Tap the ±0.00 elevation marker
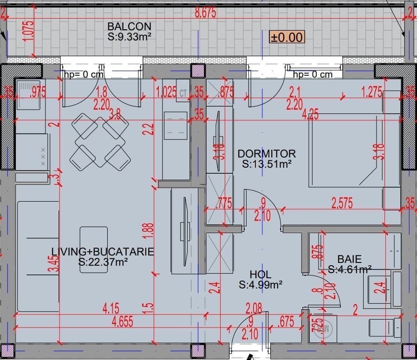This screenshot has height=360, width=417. [287, 37]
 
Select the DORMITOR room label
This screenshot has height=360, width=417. [266, 154]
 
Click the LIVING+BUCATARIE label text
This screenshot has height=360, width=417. [103, 252]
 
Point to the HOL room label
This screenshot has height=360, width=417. [260, 275]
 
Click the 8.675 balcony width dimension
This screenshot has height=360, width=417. [205, 13]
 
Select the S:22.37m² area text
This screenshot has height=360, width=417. [103, 262]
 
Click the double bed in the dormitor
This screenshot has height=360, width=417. [354, 150]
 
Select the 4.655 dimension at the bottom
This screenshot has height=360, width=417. [123, 322]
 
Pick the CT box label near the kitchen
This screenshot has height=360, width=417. [183, 93]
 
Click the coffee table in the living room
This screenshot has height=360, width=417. [93, 249]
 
